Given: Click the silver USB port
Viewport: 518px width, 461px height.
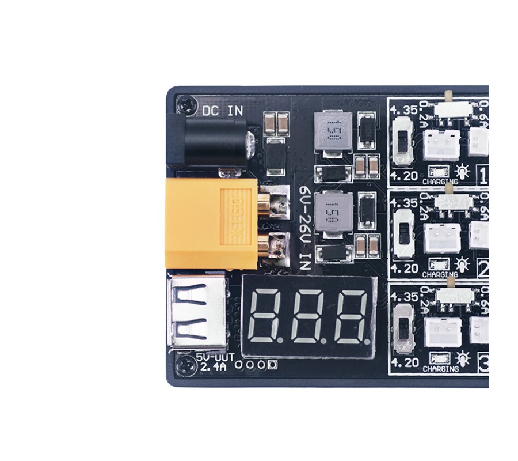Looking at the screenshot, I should [x=196, y=314].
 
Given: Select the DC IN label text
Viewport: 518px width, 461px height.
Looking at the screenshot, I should [x=223, y=111].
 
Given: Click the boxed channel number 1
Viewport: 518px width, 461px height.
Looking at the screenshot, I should [x=483, y=175].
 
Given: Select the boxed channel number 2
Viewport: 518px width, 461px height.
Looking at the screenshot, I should [x=483, y=267].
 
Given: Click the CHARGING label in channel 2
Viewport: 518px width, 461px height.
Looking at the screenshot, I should [x=440, y=275].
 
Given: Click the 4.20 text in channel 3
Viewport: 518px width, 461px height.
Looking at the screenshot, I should [x=403, y=362].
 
